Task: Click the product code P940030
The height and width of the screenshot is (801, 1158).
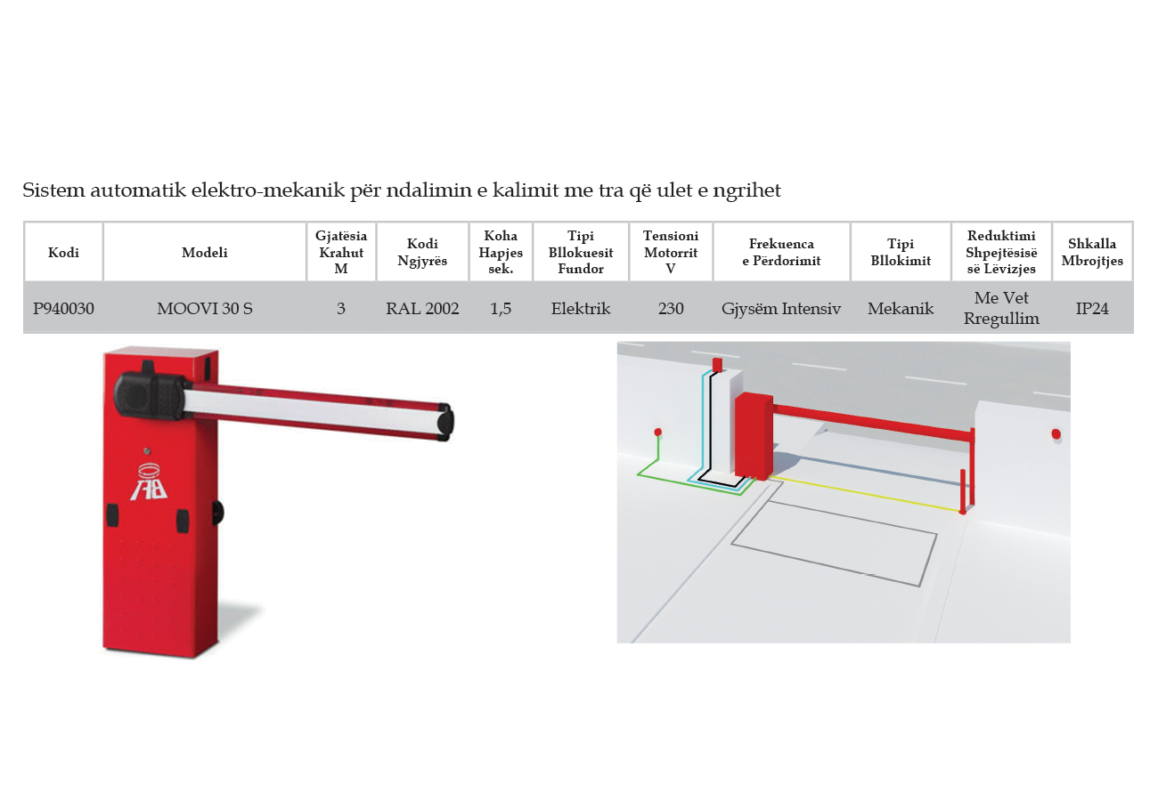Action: point(63,308)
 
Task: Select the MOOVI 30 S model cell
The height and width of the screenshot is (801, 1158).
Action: point(205,308)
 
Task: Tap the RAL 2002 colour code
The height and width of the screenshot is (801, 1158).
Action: point(422,308)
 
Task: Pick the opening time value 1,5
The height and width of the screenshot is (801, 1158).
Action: point(501,309)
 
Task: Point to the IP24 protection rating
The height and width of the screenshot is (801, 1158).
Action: point(1092,308)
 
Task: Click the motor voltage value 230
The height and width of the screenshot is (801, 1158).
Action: point(671,308)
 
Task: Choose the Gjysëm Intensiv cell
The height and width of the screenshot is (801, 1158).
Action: point(781,309)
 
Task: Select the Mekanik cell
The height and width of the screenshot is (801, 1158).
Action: point(901,308)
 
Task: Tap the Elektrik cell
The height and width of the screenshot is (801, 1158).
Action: point(581,308)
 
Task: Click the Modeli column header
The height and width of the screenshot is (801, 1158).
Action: point(205,252)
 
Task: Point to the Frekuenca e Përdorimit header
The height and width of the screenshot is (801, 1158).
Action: point(781,252)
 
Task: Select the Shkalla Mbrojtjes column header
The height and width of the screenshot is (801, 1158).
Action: point(1092,252)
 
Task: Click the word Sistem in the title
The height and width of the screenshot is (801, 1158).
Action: point(53,190)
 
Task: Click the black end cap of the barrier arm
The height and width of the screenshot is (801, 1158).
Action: point(445,422)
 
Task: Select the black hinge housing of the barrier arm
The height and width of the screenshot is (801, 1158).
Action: point(150,395)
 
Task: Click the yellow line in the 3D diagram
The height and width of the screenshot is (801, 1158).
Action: point(864,494)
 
